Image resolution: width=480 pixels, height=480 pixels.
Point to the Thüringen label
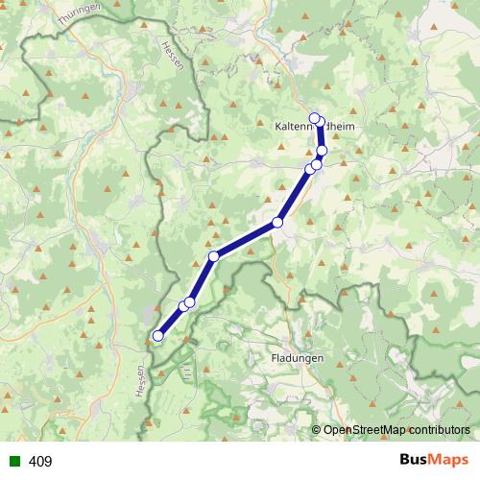[78, 13]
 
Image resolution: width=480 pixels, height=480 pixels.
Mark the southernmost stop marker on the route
[157, 335]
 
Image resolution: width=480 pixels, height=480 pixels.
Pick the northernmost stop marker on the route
[314, 118]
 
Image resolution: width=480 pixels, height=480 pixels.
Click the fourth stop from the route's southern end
[214, 256]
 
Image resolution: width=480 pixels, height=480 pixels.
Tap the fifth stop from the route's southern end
[277, 223]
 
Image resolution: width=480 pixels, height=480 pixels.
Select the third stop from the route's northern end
[322, 151]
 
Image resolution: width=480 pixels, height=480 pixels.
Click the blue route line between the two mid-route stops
[246, 239]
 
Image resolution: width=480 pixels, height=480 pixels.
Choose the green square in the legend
[13, 462]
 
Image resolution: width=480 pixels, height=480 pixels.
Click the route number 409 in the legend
[40, 462]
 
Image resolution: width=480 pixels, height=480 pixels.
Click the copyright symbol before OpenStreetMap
[317, 429]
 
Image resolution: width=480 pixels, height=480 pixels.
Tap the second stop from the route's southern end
[182, 307]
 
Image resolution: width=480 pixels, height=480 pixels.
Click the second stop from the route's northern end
[320, 122]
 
